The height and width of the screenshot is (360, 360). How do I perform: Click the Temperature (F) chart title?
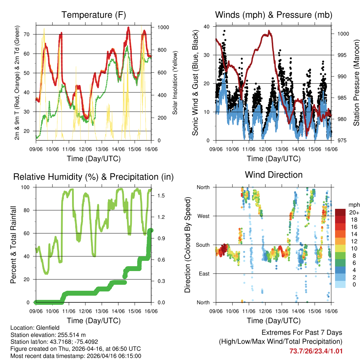(x=94, y=15)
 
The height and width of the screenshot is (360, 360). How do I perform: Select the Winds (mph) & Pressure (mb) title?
(x=274, y=15)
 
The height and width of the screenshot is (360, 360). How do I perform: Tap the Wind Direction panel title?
(x=274, y=174)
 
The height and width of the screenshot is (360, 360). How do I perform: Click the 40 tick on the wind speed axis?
(x=207, y=26)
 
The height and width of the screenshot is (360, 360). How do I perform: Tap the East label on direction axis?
(x=203, y=274)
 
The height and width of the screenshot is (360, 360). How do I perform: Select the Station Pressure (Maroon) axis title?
(x=356, y=84)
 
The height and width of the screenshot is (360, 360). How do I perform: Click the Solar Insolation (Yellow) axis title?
(x=175, y=83)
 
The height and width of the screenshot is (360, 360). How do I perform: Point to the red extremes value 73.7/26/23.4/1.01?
(x=316, y=351)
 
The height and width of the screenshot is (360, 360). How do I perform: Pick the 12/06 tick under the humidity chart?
(x=86, y=311)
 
